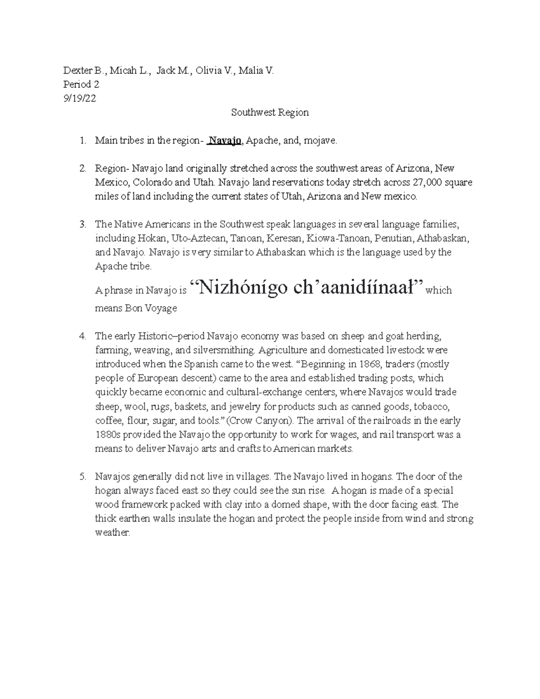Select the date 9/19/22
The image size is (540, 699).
(x=79, y=98)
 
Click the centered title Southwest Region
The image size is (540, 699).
(x=270, y=113)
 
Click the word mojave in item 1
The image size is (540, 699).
(x=319, y=141)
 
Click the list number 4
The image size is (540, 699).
(x=82, y=336)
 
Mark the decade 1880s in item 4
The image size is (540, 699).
(x=107, y=434)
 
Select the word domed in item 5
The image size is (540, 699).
(x=258, y=505)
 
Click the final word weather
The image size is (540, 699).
(x=112, y=532)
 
